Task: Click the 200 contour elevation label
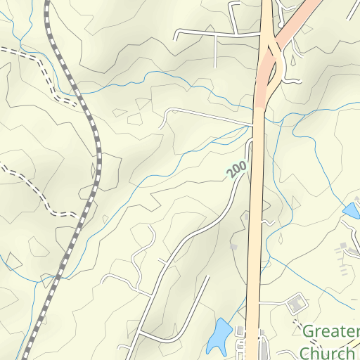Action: click(x=237, y=169)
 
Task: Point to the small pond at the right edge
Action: click(x=350, y=210)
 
